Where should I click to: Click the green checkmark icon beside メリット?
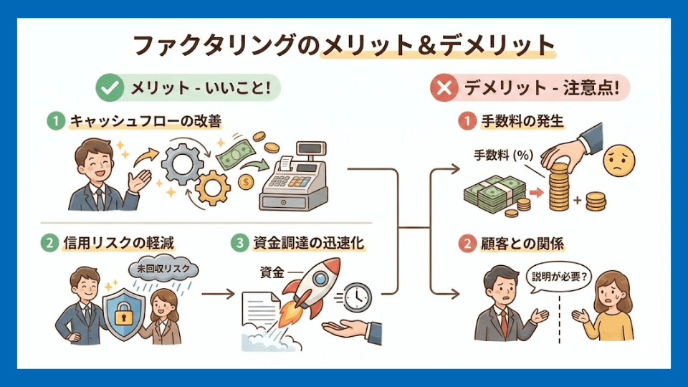tap(109, 89)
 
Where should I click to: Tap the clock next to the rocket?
tap(356, 296)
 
